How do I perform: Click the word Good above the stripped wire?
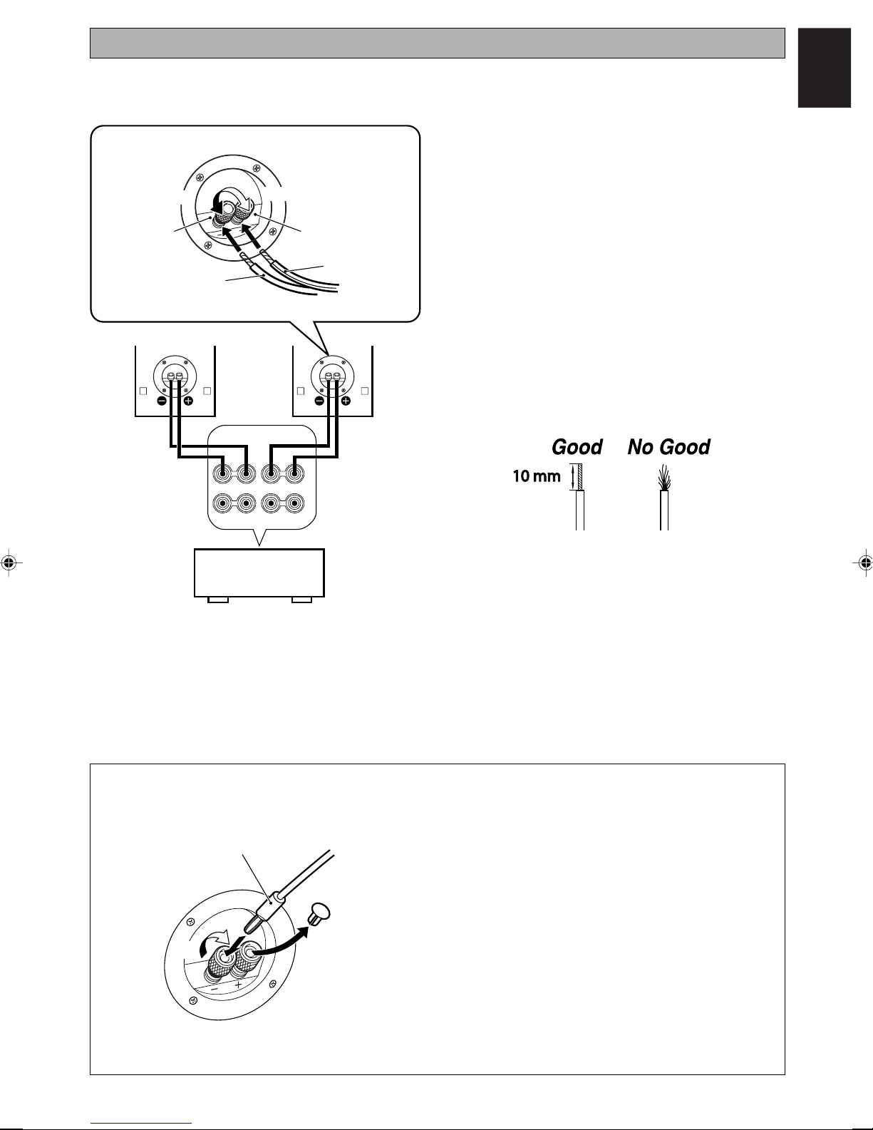click(x=577, y=447)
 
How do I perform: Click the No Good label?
click(x=668, y=447)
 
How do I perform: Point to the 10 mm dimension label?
click(x=537, y=476)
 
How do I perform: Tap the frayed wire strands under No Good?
click(x=665, y=478)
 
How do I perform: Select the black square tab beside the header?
click(x=824, y=68)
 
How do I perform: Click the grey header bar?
click(x=437, y=43)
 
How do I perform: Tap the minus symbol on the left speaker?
click(x=162, y=401)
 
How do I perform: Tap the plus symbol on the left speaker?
click(x=188, y=401)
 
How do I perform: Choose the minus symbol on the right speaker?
click(x=319, y=401)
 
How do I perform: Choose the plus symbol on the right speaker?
click(x=346, y=401)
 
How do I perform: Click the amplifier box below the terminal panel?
click(x=259, y=572)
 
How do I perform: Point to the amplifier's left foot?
click(x=218, y=600)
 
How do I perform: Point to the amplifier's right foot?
click(x=301, y=600)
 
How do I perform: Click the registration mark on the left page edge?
click(x=9, y=562)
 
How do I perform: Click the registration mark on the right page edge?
click(x=864, y=562)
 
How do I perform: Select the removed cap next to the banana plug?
click(x=319, y=913)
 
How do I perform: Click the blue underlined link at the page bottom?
click(x=141, y=1124)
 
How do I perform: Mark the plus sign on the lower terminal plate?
click(x=238, y=985)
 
